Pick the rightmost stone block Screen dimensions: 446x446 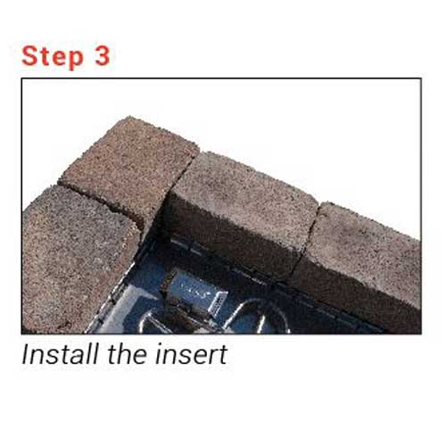click(x=361, y=259)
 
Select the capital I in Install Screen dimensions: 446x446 click(x=25, y=355)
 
